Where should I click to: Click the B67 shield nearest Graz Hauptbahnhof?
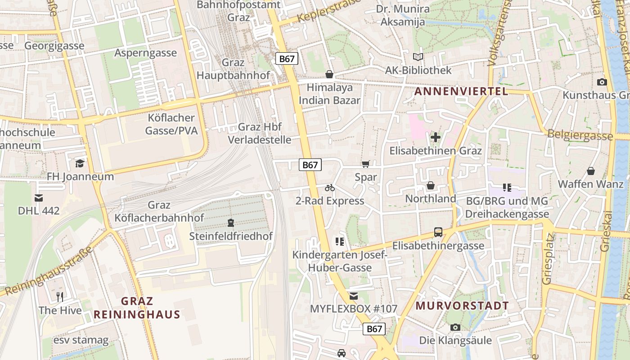(x=287, y=58)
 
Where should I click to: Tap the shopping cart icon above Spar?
(x=365, y=165)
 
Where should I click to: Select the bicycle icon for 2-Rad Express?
(x=330, y=188)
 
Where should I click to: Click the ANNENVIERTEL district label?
(x=461, y=91)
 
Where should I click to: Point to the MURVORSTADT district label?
(x=462, y=306)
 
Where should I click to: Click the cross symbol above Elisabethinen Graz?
(x=435, y=137)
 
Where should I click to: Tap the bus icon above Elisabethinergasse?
(x=438, y=232)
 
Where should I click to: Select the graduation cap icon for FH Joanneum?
(x=80, y=163)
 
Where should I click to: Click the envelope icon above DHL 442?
(x=38, y=198)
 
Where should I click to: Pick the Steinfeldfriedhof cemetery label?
(x=231, y=236)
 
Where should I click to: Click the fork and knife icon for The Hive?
(x=60, y=297)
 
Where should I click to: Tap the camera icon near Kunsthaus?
(x=602, y=82)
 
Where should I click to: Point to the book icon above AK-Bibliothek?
(x=418, y=57)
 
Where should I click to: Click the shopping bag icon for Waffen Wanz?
(x=590, y=171)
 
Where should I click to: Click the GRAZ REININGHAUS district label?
(x=137, y=308)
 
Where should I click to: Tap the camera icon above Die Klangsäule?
(x=455, y=327)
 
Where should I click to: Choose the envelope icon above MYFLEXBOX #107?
(x=354, y=296)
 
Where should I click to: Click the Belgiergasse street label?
(x=580, y=135)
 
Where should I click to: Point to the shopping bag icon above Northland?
(x=430, y=185)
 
